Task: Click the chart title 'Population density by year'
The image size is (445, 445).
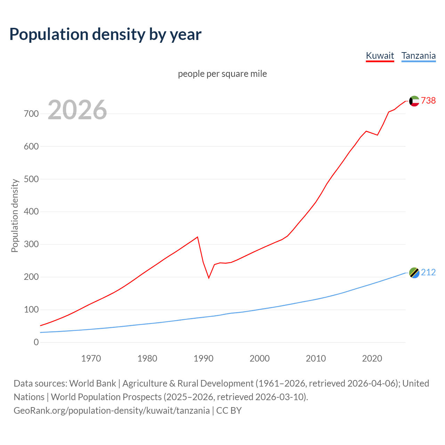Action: tap(105, 34)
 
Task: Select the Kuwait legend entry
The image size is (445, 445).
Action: tap(380, 56)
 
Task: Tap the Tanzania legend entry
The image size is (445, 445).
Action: tap(418, 56)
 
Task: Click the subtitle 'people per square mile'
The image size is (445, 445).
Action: tap(222, 74)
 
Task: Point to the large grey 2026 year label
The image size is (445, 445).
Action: tap(77, 110)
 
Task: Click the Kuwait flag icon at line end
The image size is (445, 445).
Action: tap(414, 101)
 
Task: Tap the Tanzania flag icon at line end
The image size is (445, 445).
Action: tap(414, 273)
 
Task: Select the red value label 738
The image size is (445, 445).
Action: tap(428, 100)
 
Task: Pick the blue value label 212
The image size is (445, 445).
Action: tap(428, 272)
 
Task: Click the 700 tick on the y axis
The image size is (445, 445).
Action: tap(31, 114)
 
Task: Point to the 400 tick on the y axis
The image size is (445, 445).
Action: tap(31, 212)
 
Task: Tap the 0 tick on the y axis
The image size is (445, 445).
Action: tap(36, 342)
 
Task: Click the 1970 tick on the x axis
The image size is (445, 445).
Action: tap(91, 358)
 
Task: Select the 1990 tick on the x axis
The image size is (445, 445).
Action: tap(203, 358)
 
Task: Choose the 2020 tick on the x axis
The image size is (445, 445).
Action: tap(372, 358)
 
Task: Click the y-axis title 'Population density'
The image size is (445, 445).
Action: tap(15, 216)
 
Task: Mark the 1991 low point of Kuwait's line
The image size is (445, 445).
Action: tap(209, 278)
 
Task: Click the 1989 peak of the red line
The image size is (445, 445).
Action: tap(197, 237)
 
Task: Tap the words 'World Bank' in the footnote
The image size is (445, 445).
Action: tap(92, 383)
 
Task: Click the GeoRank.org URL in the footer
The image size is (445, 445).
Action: tap(112, 411)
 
